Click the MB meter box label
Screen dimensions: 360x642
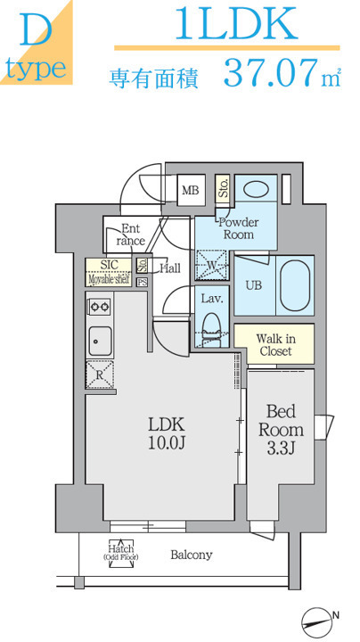(191, 190)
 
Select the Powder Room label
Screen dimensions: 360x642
(239, 228)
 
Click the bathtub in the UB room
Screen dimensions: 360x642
(295, 285)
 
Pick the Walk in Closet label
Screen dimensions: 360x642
(275, 345)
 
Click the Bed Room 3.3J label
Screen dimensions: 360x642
(281, 429)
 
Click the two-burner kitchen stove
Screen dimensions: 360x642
(100, 306)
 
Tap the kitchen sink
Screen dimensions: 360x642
(100, 342)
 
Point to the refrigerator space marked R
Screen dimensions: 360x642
(100, 374)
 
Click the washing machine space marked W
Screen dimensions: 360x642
(211, 265)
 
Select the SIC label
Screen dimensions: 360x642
(110, 265)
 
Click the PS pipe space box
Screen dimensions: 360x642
(142, 282)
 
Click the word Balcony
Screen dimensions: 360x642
(192, 556)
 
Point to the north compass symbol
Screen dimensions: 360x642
(317, 620)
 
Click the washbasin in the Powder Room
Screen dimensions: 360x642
(256, 190)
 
